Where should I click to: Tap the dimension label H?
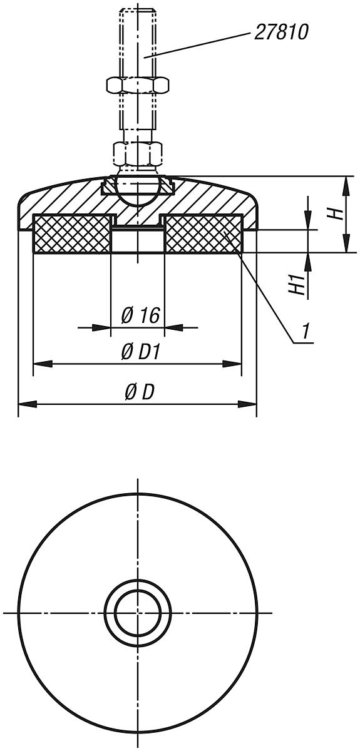coord(336,213)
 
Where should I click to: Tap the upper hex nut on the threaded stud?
coord(136,84)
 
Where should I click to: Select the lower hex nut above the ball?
coord(137,151)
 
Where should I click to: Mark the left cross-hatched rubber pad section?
coord(71,234)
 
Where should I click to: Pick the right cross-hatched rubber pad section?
coord(202,234)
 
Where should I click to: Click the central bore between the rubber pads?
coord(137,240)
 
